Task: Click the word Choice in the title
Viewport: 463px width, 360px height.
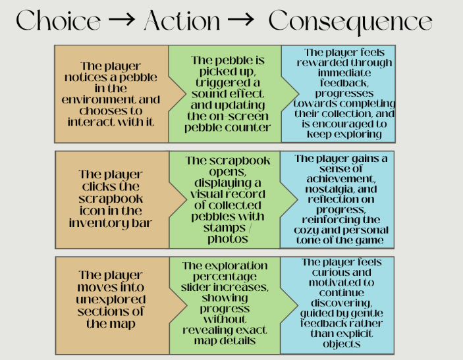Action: click(x=58, y=20)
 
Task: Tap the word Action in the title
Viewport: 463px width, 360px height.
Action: click(x=182, y=20)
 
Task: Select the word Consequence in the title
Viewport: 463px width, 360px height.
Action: click(x=350, y=21)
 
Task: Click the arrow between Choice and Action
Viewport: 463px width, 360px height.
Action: click(x=122, y=20)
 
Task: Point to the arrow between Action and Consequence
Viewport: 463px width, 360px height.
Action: click(x=240, y=20)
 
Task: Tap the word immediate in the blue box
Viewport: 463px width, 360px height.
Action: click(x=344, y=72)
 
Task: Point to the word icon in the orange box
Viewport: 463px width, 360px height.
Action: click(x=90, y=211)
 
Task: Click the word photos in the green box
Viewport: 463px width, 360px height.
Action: click(x=228, y=239)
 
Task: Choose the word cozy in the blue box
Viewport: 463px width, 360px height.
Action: click(x=306, y=230)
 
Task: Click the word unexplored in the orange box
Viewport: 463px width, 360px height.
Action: click(x=111, y=300)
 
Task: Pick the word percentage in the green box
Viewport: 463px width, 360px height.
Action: click(x=225, y=277)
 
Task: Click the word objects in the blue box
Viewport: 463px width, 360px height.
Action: click(x=342, y=344)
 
